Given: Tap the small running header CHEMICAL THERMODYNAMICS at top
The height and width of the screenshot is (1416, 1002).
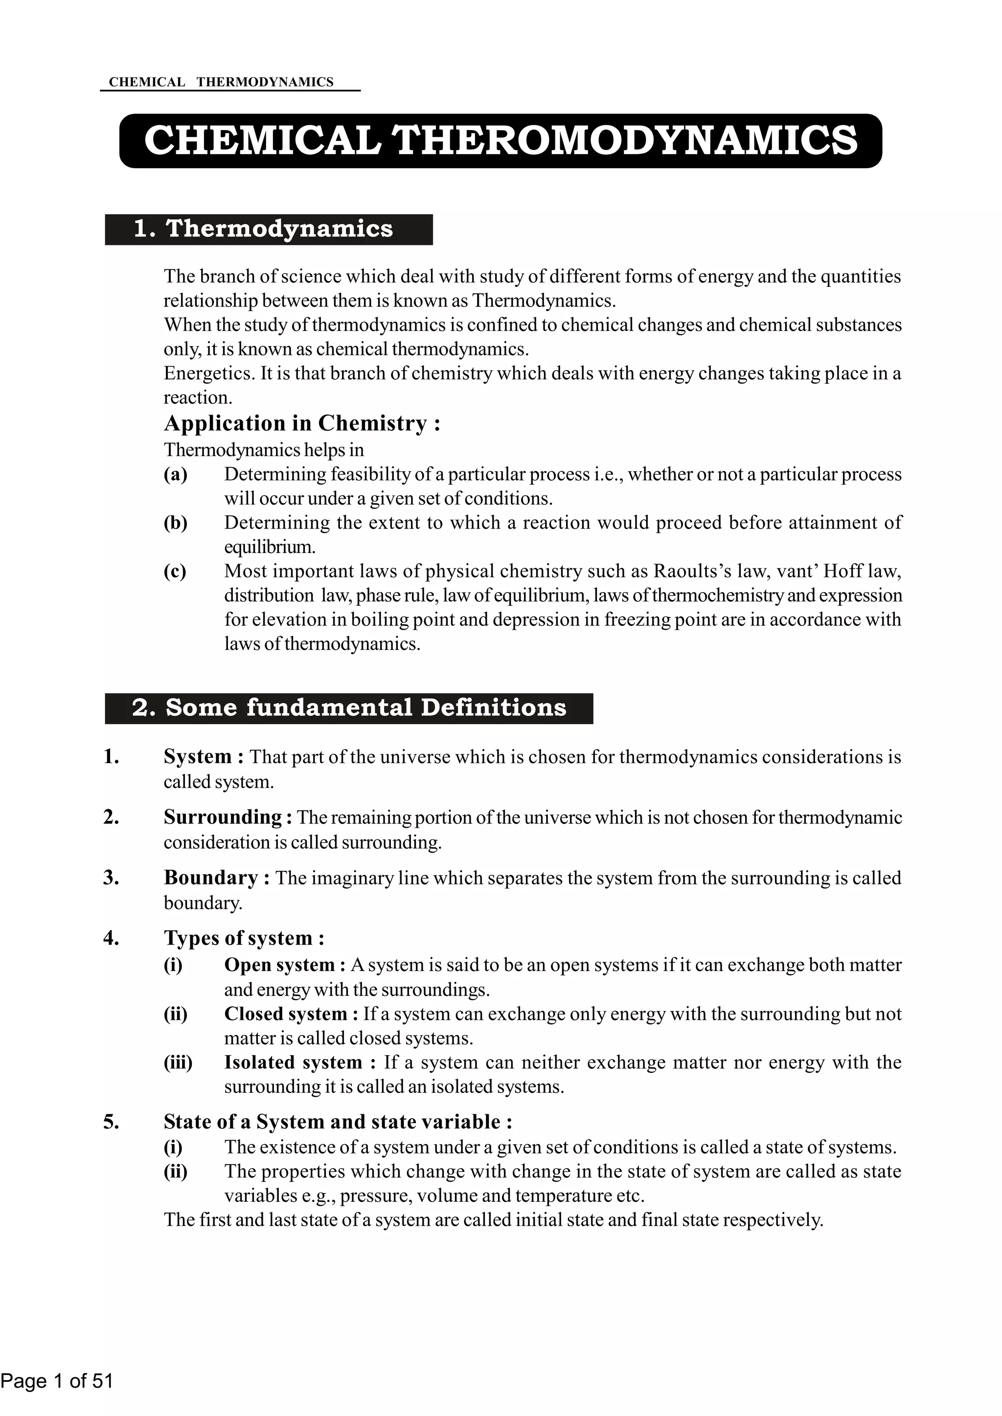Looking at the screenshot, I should click(x=221, y=82).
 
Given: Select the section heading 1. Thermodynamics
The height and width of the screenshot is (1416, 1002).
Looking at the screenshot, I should click(x=263, y=229).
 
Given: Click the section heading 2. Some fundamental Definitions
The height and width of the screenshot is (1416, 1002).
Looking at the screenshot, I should click(x=349, y=708).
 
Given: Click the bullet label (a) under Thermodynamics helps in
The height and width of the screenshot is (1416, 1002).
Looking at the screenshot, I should click(x=175, y=474).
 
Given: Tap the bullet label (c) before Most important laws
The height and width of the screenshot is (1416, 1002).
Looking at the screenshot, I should click(x=175, y=571).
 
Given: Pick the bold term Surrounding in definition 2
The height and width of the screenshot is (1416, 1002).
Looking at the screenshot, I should click(x=222, y=817).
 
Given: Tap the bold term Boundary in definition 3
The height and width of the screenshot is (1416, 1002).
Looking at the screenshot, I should click(x=210, y=877).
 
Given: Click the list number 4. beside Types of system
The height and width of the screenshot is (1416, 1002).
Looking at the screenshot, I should click(x=111, y=938).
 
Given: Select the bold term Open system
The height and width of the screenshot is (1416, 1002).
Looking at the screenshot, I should click(x=279, y=965).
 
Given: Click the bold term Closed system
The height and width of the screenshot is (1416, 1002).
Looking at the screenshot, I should click(x=286, y=1014).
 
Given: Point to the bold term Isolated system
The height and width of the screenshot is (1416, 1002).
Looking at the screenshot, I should click(x=293, y=1062).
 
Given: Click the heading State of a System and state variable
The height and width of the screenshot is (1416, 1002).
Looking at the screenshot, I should click(x=338, y=1121).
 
